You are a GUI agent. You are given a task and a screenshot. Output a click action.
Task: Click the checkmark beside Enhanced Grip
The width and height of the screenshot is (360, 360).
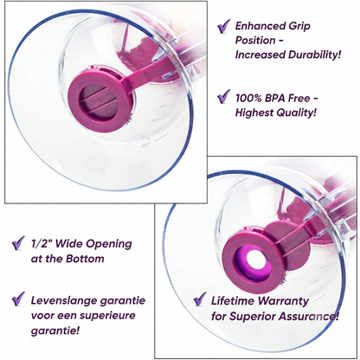coord(223,26)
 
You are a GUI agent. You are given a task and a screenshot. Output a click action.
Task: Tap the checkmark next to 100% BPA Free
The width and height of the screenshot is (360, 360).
coord(223,96)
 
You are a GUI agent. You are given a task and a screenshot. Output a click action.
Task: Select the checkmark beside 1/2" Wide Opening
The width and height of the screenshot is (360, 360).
coord(18,243)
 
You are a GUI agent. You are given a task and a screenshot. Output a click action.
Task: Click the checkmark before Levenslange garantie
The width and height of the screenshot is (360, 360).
coord(18,299)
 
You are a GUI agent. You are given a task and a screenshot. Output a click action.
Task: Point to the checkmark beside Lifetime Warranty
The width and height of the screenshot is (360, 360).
coord(200,299)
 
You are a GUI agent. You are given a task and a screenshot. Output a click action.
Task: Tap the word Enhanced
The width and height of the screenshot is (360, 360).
coord(257,26)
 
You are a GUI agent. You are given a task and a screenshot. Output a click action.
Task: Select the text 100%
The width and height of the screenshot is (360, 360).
coord(247,99)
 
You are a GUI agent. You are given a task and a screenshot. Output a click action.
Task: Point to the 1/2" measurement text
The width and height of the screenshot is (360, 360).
coord(41,244)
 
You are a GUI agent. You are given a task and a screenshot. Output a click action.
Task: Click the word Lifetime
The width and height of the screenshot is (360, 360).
coord(233,301)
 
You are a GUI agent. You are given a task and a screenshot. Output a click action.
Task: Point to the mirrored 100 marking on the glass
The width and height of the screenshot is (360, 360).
coord(146,145)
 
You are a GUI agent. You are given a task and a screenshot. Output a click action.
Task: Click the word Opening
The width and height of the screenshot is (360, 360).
coord(112,245)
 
